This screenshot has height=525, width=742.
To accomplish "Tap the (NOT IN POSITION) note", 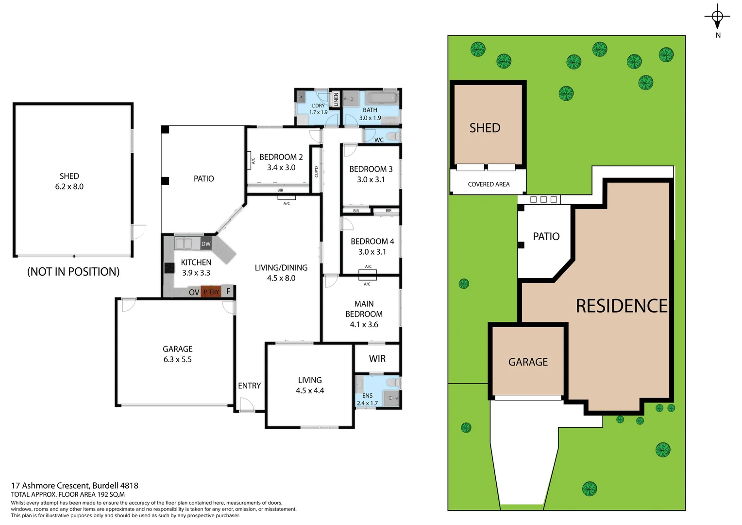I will coord(73,272).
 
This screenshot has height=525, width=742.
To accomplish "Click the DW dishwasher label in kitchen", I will coord(206,244).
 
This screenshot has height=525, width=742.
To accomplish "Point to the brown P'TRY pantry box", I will coord(211,292).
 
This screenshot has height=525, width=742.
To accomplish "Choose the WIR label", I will coord(377,359).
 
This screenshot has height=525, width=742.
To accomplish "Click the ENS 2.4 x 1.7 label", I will coord(367,399).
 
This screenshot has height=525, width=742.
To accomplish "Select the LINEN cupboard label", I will coord(336,100).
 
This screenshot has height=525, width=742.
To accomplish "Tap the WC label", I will coord(379,140).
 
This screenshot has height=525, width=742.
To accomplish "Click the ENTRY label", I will coord(249,385).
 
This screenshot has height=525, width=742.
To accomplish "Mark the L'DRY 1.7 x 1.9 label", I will coord(319,109).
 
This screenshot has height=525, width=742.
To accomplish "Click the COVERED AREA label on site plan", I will coord(489,184).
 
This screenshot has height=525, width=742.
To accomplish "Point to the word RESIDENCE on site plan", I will coord(622,306).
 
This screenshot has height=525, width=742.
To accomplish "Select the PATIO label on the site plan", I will coord(546,237).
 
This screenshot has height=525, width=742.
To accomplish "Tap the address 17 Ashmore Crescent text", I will coord(75,485).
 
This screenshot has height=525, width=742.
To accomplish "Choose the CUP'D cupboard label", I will coord(316,171).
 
